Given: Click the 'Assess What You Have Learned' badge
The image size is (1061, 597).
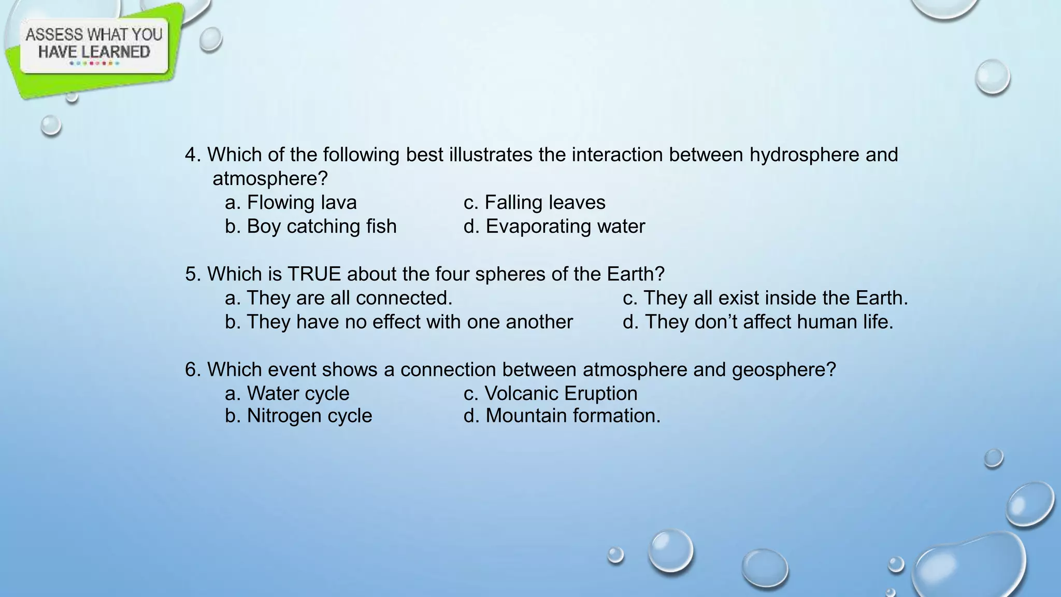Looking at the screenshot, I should [94, 45].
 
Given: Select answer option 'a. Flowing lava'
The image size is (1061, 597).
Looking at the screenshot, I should [291, 202].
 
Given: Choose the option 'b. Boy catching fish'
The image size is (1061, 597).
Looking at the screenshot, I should [310, 226].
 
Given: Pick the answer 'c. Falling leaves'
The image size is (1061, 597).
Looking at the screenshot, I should [534, 202].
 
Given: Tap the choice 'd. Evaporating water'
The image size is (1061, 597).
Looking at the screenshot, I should [554, 226].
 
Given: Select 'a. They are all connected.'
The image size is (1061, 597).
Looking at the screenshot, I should [338, 297].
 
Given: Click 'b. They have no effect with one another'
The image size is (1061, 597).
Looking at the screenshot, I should [398, 321].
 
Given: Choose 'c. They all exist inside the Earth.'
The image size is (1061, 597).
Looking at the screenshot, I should [765, 297].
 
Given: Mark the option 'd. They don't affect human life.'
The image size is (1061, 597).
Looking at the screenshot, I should [757, 321].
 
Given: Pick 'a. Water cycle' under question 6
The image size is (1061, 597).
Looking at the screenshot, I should [287, 393].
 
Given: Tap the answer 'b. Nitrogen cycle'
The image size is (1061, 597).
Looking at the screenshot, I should [298, 415].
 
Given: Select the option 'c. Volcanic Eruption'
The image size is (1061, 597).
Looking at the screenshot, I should [550, 393].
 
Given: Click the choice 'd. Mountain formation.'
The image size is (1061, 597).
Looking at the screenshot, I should [562, 415].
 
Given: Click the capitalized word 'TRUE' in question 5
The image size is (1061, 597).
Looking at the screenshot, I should [314, 274].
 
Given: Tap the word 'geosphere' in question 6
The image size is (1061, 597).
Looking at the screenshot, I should [783, 369].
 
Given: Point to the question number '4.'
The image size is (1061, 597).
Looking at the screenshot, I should [193, 154].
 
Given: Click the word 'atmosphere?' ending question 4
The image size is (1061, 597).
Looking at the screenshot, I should [270, 178].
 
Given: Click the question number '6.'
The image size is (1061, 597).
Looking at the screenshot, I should [193, 369].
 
